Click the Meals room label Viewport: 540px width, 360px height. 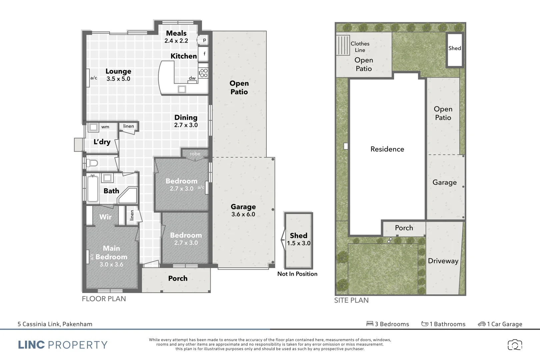[176, 33]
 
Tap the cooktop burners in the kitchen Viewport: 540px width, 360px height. [203, 73]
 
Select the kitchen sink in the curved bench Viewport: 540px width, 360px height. [182, 89]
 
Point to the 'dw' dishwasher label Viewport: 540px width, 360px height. [192, 78]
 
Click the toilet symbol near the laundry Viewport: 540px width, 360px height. [93, 163]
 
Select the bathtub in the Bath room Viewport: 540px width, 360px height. [93, 189]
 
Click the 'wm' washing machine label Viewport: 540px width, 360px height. [105, 127]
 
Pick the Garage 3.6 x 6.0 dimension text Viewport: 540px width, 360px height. [243, 214]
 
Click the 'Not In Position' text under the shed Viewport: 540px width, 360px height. [297, 274]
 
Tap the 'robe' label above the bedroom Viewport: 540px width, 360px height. [195, 154]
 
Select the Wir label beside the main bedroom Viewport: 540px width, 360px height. [105, 217]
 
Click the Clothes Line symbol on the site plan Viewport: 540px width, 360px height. [343, 45]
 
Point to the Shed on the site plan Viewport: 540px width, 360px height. [455, 49]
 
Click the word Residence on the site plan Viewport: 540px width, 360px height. [387, 149]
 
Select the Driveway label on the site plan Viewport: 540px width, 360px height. [443, 261]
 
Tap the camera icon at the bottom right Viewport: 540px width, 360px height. [515, 345]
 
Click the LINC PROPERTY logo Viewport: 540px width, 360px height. [63, 345]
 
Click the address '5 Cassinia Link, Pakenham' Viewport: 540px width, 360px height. [55, 324]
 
